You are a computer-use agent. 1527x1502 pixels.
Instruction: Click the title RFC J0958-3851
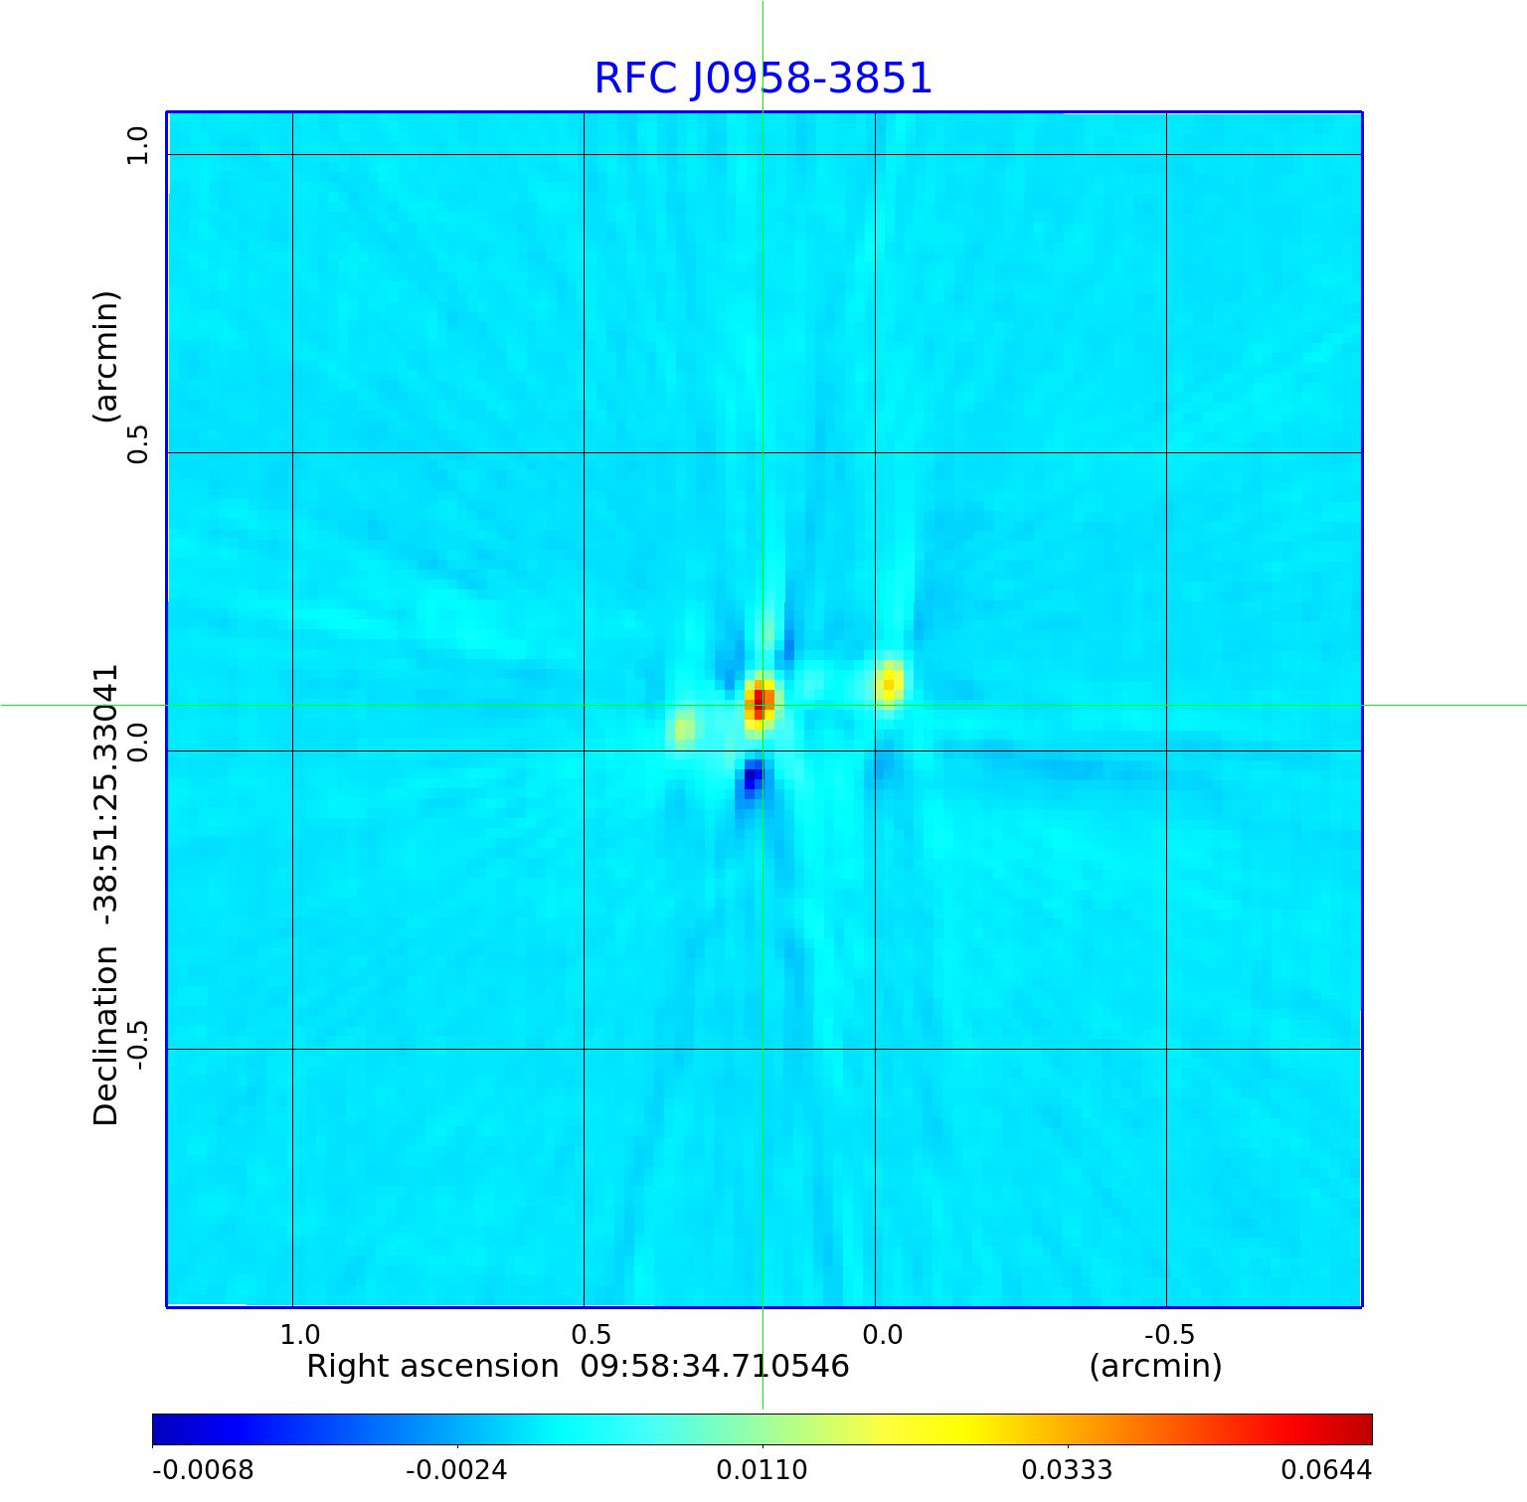click(763, 80)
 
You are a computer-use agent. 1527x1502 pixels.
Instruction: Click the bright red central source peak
click(760, 702)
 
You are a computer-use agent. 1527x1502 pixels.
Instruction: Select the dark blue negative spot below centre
click(753, 777)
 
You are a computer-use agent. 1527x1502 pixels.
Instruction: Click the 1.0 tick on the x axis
click(299, 1334)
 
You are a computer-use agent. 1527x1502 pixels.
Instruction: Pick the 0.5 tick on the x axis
click(591, 1334)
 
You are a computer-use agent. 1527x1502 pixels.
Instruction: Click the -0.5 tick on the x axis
click(1169, 1334)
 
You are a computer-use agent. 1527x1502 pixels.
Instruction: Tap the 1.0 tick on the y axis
click(137, 146)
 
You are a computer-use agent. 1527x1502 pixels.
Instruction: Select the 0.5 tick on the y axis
click(137, 444)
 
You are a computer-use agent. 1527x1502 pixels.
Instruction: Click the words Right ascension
click(432, 1367)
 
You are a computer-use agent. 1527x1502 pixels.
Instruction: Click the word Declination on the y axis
click(105, 1036)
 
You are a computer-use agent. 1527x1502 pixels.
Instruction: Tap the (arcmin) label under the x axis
click(1155, 1367)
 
